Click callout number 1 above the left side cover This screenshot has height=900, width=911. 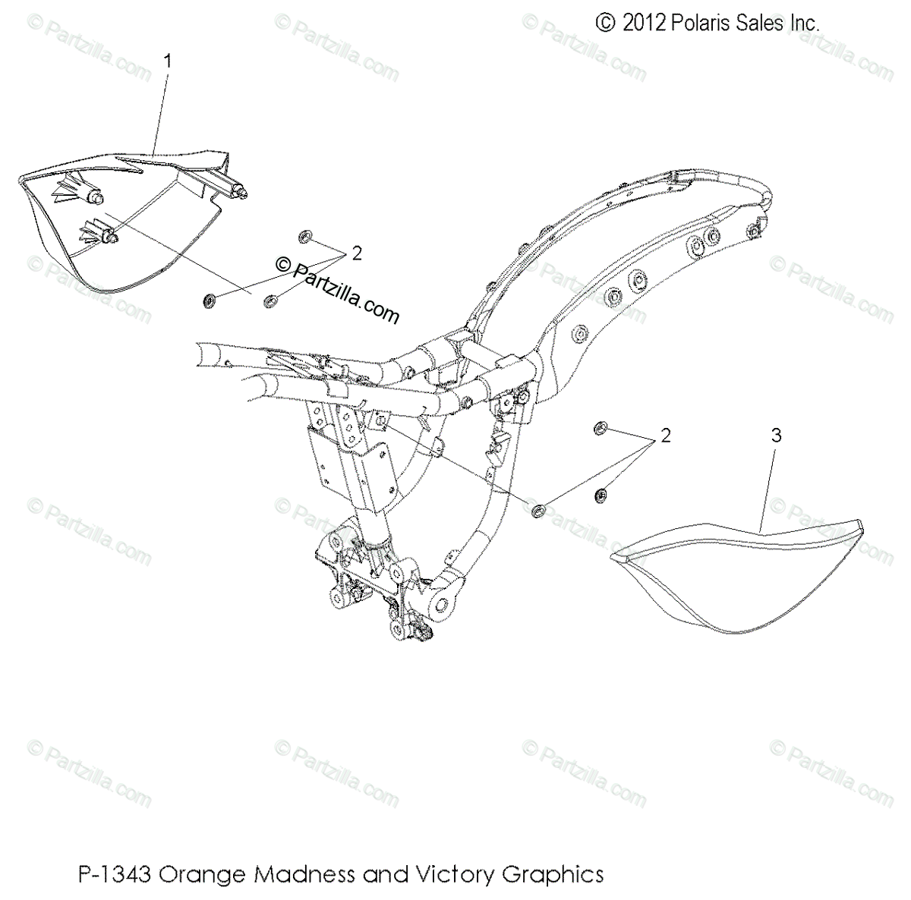pos(169,61)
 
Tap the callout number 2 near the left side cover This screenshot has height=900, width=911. pos(356,253)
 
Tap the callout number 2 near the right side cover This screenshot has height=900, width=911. pos(666,436)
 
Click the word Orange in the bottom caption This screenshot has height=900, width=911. pos(205,874)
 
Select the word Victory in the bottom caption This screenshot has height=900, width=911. pos(454,874)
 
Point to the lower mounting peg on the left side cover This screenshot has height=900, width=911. pos(110,238)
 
